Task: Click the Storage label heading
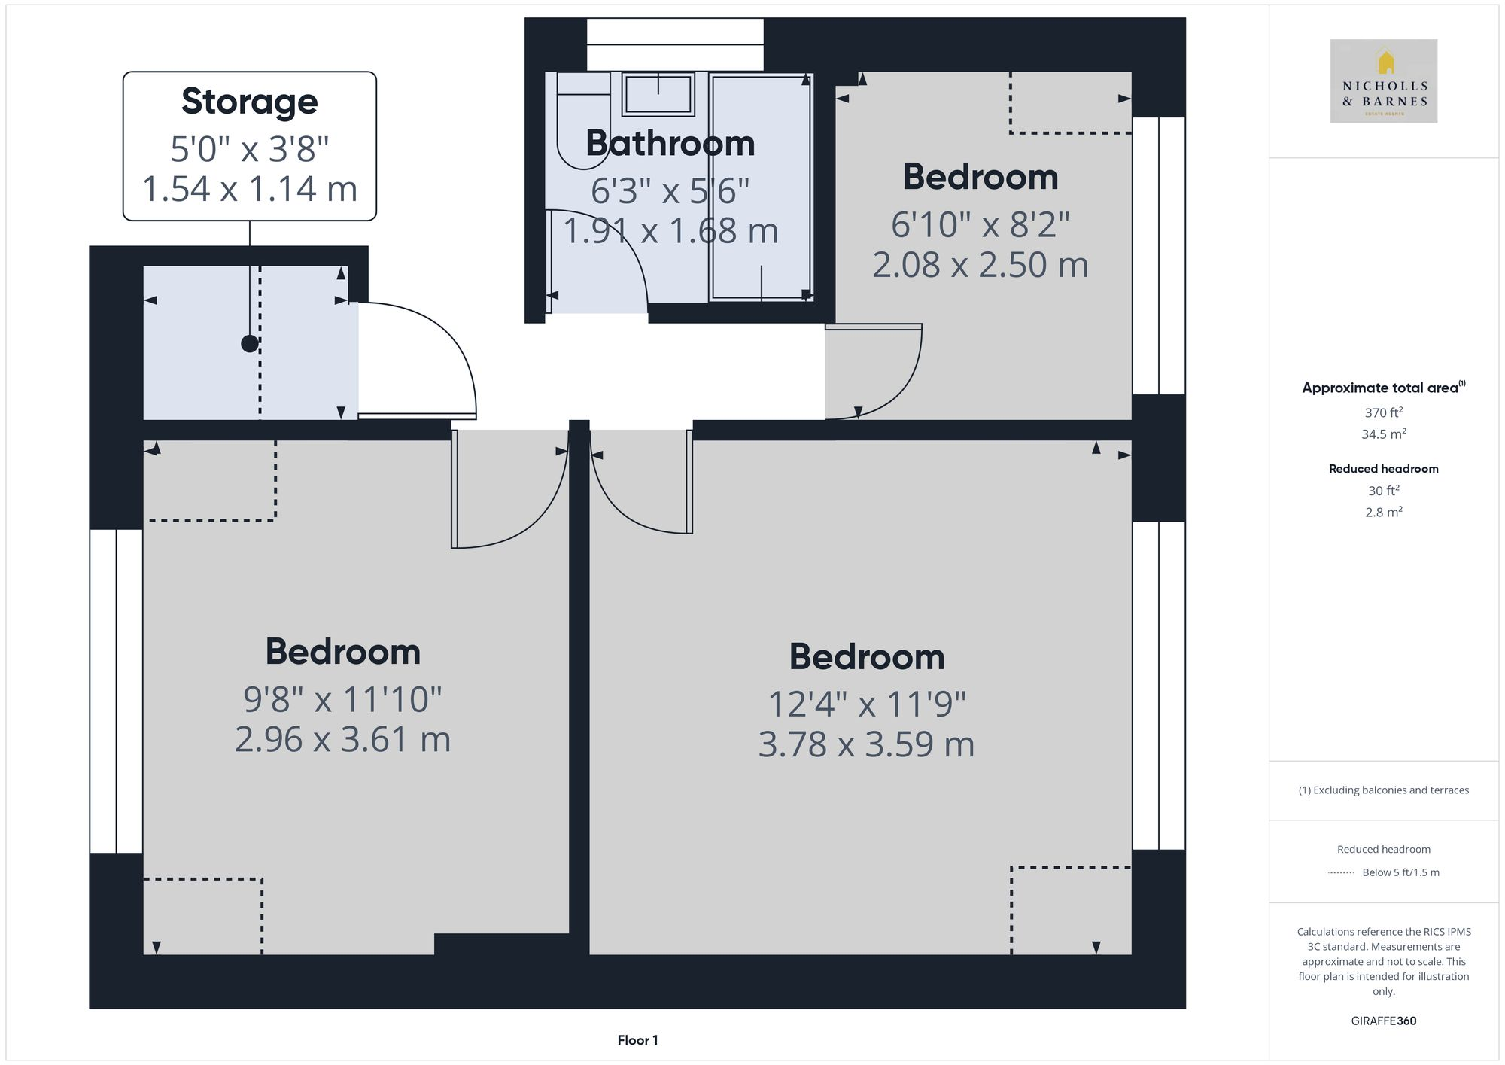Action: [249, 102]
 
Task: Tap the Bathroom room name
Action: [670, 143]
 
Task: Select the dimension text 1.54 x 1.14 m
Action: [249, 188]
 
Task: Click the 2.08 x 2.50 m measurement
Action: [980, 265]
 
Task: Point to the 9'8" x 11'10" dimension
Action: [342, 699]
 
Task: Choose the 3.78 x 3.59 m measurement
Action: [866, 744]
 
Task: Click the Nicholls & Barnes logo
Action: [1383, 81]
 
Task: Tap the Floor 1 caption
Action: [637, 1040]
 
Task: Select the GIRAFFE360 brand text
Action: [1383, 1021]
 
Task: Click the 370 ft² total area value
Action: [1383, 412]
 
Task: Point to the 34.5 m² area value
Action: [1383, 434]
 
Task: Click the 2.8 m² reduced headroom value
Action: [1383, 513]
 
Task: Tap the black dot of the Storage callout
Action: [250, 344]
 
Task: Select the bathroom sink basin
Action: [658, 95]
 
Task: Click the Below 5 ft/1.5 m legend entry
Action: [1400, 872]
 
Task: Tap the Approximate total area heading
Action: [1380, 388]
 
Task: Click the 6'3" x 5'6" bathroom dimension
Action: [670, 191]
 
